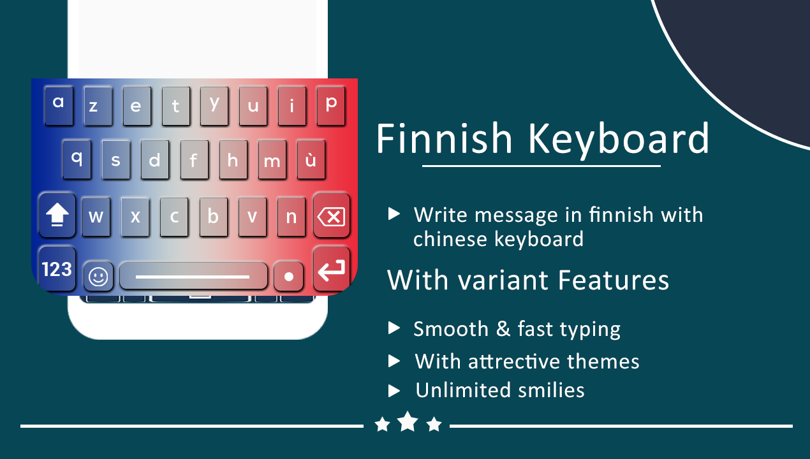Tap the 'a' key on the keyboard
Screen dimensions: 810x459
[59, 106]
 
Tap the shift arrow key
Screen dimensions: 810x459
[57, 215]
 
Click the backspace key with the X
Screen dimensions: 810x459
[331, 215]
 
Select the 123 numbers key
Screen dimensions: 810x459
[57, 269]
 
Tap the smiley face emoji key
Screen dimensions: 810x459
[98, 277]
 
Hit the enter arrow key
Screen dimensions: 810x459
[331, 269]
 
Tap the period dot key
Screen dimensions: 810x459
[288, 277]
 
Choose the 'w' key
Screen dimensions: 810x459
[96, 217]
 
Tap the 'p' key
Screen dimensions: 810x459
[331, 106]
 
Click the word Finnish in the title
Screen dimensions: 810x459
[445, 139]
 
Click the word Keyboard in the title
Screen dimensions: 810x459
[619, 141]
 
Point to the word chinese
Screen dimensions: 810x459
[450, 239]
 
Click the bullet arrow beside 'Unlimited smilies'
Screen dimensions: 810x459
[394, 391]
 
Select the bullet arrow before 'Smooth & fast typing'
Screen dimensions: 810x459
[394, 328]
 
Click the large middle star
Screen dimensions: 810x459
[408, 421]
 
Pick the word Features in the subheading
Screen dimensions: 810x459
[614, 280]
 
